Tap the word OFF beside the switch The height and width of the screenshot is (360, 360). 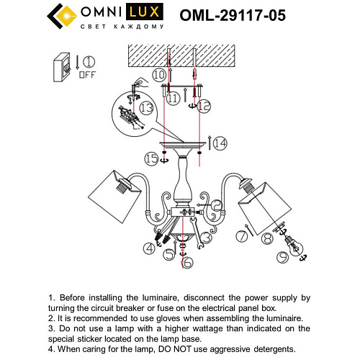[88, 73]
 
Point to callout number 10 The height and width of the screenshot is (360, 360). [159, 74]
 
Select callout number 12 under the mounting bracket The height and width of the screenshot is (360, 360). [204, 107]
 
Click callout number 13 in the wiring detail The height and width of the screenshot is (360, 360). [146, 107]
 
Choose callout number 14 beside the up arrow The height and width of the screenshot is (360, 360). [220, 143]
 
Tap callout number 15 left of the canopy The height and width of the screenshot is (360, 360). [150, 157]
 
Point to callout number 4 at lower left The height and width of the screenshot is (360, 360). [149, 248]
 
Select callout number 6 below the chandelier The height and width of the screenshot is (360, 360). [186, 264]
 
